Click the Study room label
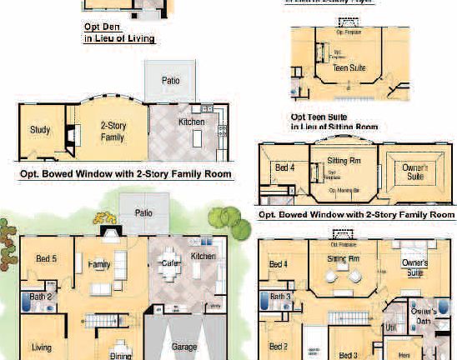click(40, 130)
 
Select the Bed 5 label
click(46, 258)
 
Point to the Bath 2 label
click(42, 296)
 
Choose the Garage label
click(184, 347)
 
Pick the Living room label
click(42, 347)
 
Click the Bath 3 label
click(279, 296)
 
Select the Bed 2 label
click(279, 347)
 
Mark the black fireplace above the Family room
click(109, 232)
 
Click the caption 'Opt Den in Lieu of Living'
click(120, 32)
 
